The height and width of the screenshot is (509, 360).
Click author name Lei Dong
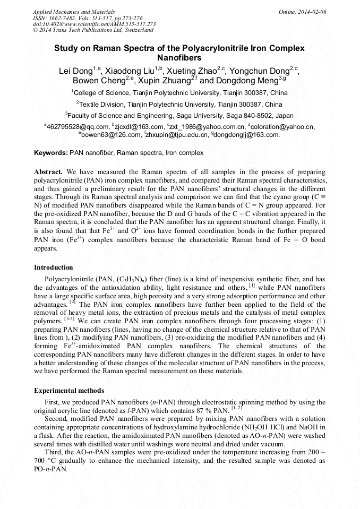[75, 71]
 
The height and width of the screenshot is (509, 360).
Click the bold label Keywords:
[51, 153]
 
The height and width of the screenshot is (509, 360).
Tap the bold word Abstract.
[48, 172]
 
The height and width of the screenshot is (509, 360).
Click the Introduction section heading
[53, 267]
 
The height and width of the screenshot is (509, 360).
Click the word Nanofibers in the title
[179, 57]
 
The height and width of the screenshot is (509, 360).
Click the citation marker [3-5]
[70, 320]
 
